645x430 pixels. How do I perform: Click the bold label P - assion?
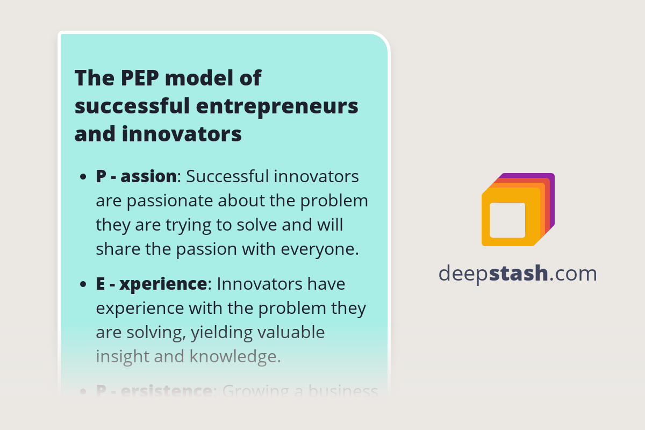136,176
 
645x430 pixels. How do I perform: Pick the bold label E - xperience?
151,283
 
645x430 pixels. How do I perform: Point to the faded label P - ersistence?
154,391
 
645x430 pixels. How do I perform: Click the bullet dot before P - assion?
83,177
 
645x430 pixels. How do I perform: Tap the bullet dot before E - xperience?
83,284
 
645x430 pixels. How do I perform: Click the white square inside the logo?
507,220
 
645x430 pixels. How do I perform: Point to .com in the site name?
574,274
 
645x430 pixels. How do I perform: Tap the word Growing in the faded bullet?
258,391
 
